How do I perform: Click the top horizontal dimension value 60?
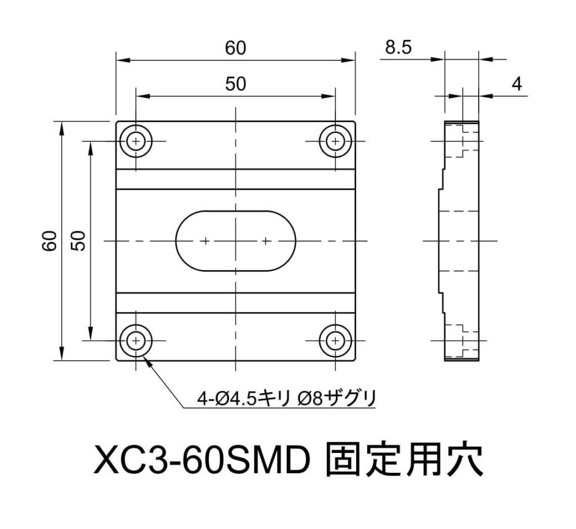pos(236,48)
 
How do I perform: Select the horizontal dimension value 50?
pos(236,84)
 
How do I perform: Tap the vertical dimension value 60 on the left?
pos(49,241)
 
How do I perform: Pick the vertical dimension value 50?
pos(78,241)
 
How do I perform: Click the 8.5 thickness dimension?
pos(399,48)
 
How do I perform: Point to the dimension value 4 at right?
pos(517,84)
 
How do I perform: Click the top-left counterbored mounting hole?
pos(136,141)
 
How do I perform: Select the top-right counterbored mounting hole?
pos(335,141)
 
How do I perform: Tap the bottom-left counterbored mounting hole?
pos(136,341)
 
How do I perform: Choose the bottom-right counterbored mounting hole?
pos(335,341)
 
